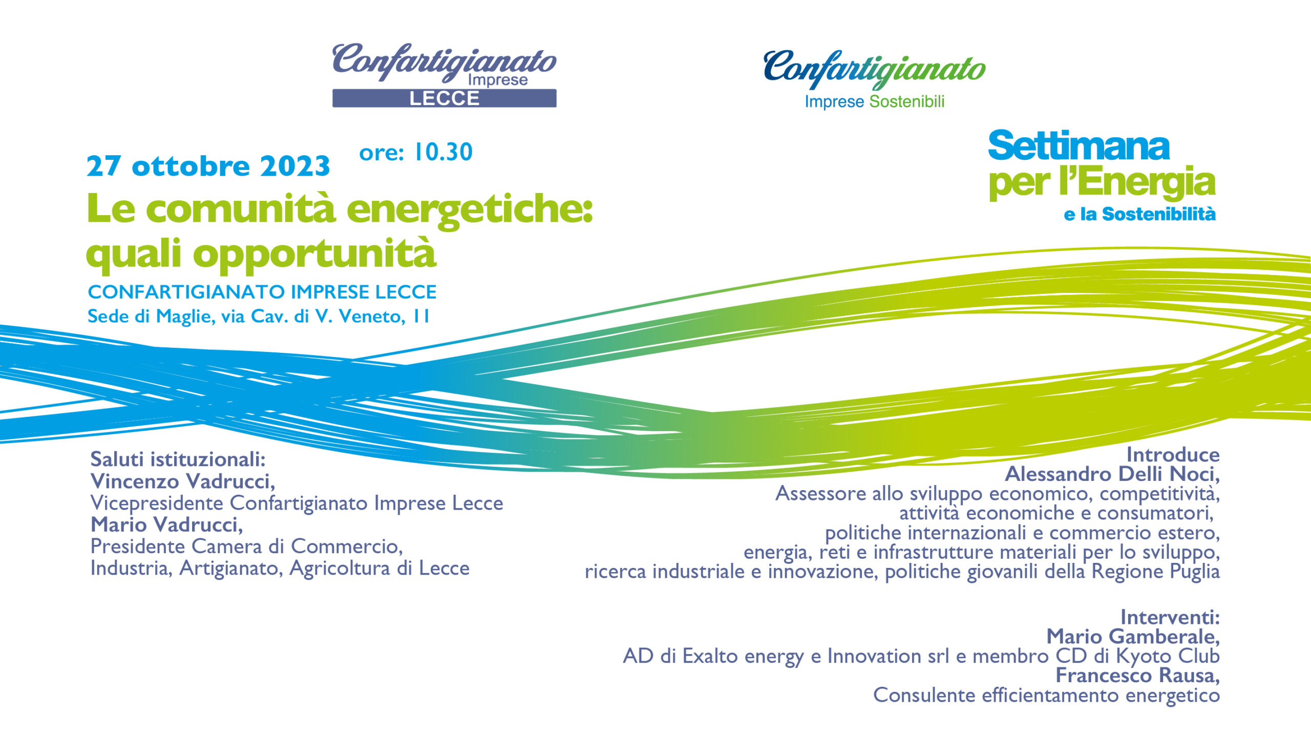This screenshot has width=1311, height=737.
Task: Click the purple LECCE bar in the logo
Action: tap(445, 98)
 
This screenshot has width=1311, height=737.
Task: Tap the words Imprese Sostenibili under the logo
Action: tap(875, 102)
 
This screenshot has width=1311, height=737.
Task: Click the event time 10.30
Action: tap(443, 152)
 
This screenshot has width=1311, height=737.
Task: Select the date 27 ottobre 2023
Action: tap(208, 166)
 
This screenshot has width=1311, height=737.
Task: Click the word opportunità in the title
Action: tap(314, 254)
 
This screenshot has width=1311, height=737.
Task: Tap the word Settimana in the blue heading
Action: tap(1079, 146)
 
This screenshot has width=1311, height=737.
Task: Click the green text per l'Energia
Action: tap(1102, 183)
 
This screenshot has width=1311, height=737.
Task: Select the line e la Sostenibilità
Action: tap(1139, 214)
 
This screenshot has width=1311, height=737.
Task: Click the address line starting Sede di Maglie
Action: tap(259, 317)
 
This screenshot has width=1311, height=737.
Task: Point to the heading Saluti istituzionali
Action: tap(178, 459)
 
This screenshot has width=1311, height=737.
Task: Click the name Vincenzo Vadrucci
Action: tap(183, 481)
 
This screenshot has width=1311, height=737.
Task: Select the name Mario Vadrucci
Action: tap(167, 525)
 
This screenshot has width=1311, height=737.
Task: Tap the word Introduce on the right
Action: tap(1173, 455)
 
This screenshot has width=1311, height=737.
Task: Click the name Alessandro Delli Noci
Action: tap(1112, 474)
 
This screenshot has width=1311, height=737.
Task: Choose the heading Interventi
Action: tap(1170, 617)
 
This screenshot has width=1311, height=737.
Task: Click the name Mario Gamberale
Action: tap(1133, 637)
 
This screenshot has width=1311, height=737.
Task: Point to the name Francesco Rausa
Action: tap(1138, 676)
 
